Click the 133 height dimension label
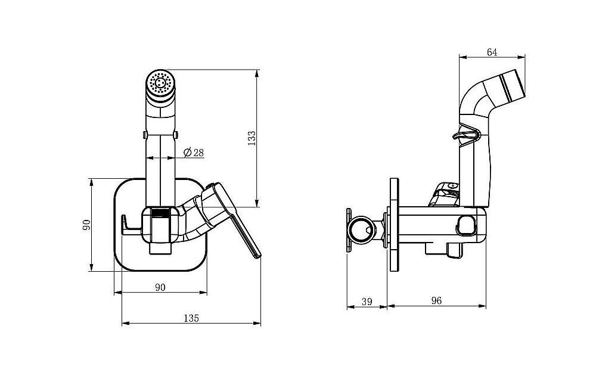point(252,139)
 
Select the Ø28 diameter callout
point(194,153)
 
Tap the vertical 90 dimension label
point(86,225)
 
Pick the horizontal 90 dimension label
point(160,287)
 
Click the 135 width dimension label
point(191,318)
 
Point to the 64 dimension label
point(492,52)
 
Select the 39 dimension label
point(367,302)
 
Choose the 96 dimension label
point(437,300)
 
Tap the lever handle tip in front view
point(257,256)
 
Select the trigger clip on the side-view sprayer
point(466,136)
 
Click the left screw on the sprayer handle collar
point(145,135)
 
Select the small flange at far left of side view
point(349,230)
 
